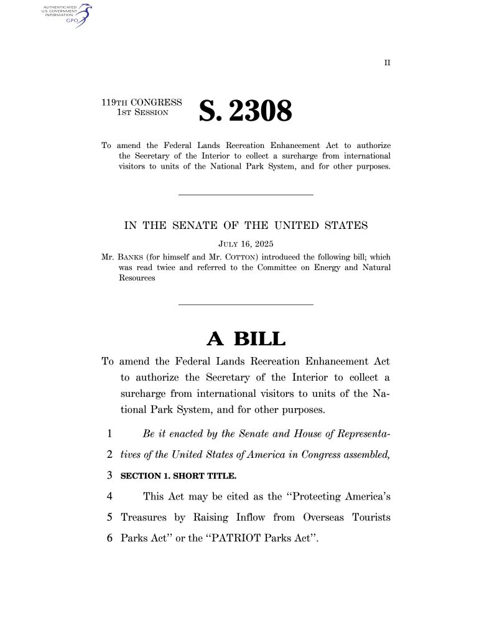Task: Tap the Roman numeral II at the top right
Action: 387,63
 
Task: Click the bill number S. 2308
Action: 245,111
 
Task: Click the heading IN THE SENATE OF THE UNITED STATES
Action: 246,225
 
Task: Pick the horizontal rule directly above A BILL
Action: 246,304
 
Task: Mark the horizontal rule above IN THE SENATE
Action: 246,195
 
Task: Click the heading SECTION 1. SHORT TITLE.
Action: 179,476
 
